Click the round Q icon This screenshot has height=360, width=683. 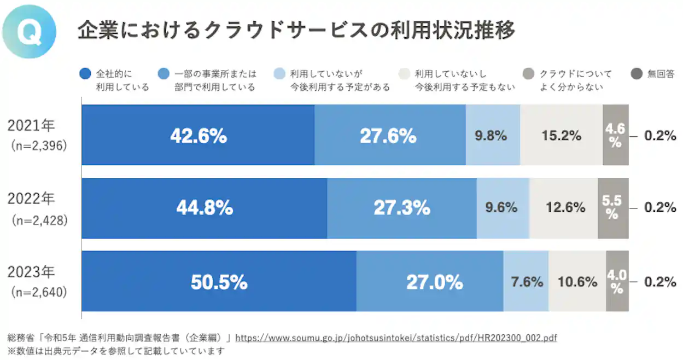tap(29, 31)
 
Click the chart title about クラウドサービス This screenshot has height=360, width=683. tap(296, 31)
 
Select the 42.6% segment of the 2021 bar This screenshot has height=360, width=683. tap(198, 135)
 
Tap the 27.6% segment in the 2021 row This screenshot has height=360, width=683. tap(389, 135)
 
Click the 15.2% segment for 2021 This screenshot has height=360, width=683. tap(561, 135)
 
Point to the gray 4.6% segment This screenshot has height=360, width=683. tap(615, 135)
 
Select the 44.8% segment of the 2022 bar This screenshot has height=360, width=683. tap(204, 208)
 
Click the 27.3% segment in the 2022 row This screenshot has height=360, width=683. tap(401, 208)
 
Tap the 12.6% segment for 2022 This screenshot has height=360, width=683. tap(563, 208)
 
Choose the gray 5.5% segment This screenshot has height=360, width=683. tap(612, 208)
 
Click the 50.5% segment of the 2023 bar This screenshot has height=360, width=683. tap(219, 282)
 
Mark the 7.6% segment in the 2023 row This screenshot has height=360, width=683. tap(526, 282)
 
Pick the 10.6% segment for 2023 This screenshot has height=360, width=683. tap(577, 282)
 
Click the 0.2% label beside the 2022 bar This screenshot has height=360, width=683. tap(660, 208)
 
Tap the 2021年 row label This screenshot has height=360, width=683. tap(31, 125)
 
